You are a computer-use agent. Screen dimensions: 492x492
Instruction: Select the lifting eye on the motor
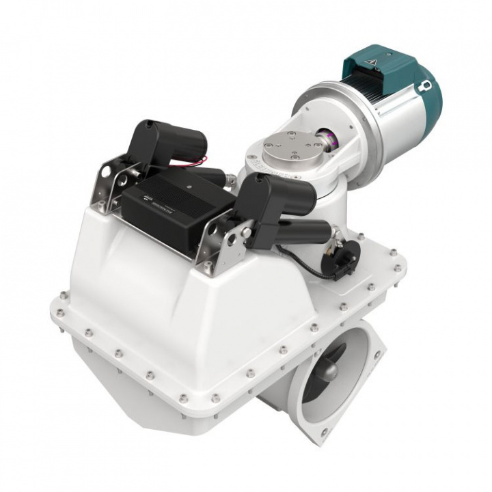coord(426,85)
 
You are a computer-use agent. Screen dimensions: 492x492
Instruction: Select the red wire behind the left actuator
coord(195,161)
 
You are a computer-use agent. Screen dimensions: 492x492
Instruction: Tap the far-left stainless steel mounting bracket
coord(109,184)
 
